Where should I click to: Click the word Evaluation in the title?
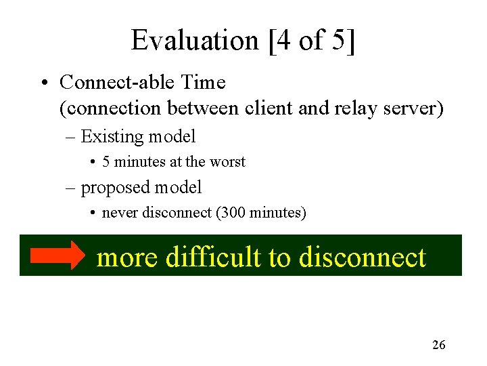pyautogui.click(x=193, y=40)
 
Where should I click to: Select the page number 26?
pyautogui.click(x=438, y=345)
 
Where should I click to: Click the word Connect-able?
pyautogui.click(x=118, y=83)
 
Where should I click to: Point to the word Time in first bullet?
pyautogui.click(x=203, y=83)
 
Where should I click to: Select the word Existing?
pyautogui.click(x=113, y=137)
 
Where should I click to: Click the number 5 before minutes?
pyautogui.click(x=106, y=162)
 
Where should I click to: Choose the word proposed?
pyautogui.click(x=116, y=187)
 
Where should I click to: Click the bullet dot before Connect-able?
pyautogui.click(x=43, y=83)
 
